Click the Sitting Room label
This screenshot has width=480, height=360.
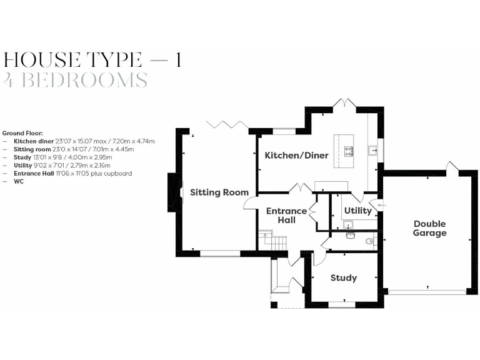(219, 192)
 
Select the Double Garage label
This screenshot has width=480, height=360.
(429, 228)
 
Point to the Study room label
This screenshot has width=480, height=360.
(344, 277)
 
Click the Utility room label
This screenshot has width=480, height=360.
(357, 211)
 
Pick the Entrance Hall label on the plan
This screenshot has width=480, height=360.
(286, 216)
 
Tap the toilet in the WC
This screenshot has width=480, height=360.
(369, 239)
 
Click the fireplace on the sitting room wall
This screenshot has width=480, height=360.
(171, 192)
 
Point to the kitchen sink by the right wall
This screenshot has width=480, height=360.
(372, 150)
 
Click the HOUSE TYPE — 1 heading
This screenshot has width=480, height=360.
(92, 60)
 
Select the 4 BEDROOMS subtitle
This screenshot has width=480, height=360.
(76, 80)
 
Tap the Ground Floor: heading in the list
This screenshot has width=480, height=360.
(22, 133)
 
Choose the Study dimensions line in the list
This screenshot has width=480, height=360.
(62, 157)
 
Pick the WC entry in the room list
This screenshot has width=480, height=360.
(18, 181)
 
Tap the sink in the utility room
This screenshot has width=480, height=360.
(347, 224)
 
